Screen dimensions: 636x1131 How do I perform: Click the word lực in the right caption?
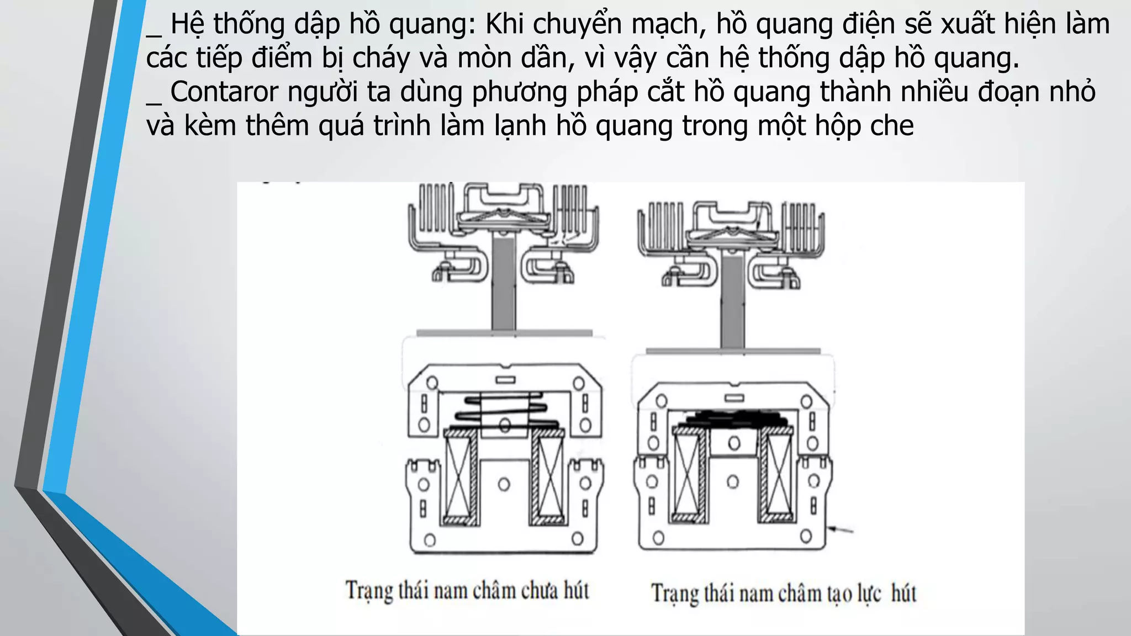(869, 594)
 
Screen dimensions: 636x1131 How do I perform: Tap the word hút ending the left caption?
(576, 590)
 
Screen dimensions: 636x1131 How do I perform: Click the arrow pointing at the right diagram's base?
(841, 530)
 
